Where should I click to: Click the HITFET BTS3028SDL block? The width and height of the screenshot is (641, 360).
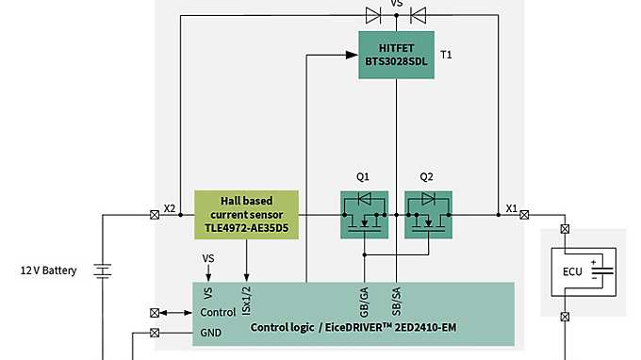click(396, 55)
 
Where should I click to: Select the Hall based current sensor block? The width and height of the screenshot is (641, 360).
click(246, 215)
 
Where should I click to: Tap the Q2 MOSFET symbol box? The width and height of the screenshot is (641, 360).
click(428, 215)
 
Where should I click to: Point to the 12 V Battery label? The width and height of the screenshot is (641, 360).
click(48, 270)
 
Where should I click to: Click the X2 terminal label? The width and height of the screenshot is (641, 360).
click(170, 208)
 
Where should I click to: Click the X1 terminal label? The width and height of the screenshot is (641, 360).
click(511, 208)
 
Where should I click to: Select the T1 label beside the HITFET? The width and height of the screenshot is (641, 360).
click(447, 55)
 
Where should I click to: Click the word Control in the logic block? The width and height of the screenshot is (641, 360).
click(219, 312)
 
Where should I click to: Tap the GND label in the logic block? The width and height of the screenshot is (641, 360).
click(211, 333)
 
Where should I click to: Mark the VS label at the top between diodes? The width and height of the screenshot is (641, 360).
click(396, 4)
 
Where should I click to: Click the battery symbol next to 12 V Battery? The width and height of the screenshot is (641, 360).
click(102, 271)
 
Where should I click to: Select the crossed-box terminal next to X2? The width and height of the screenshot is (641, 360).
click(154, 215)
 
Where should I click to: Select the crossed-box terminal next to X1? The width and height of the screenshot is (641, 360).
click(525, 215)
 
